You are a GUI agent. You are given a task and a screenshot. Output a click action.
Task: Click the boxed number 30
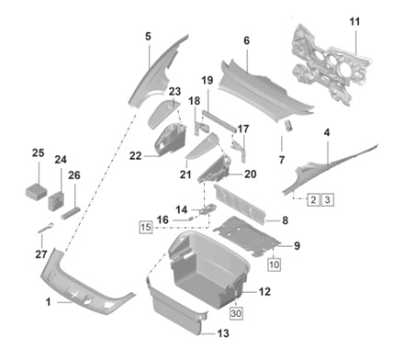tap(236, 313)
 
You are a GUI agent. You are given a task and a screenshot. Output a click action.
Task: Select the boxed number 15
tap(146, 227)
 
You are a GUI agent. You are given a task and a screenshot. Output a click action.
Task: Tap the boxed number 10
tap(274, 264)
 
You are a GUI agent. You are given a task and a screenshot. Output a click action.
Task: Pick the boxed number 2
tap(313, 200)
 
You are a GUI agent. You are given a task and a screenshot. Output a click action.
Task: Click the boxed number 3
tap(328, 200)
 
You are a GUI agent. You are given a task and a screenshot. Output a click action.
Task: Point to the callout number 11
tap(354, 22)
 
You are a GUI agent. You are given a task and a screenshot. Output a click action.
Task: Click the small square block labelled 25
tap(36, 191)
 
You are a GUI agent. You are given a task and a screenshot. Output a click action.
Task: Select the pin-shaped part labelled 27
tap(46, 228)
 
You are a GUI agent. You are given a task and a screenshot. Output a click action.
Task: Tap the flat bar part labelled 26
tap(71, 213)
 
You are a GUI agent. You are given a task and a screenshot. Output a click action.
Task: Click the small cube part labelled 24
tap(56, 201)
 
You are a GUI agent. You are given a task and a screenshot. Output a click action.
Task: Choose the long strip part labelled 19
tap(219, 121)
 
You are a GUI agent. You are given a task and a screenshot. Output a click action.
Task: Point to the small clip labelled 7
tap(288, 126)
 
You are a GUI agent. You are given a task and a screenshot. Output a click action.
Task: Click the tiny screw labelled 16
tap(190, 219)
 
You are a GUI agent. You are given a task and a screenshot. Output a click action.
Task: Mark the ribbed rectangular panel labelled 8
tap(241, 206)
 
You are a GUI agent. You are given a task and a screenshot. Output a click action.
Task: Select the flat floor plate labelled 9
tap(247, 236)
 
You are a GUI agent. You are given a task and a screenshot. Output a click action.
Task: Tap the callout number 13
tap(223, 333)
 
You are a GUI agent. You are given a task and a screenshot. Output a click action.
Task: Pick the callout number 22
tap(135, 156)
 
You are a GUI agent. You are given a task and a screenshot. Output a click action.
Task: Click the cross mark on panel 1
tap(74, 295)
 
